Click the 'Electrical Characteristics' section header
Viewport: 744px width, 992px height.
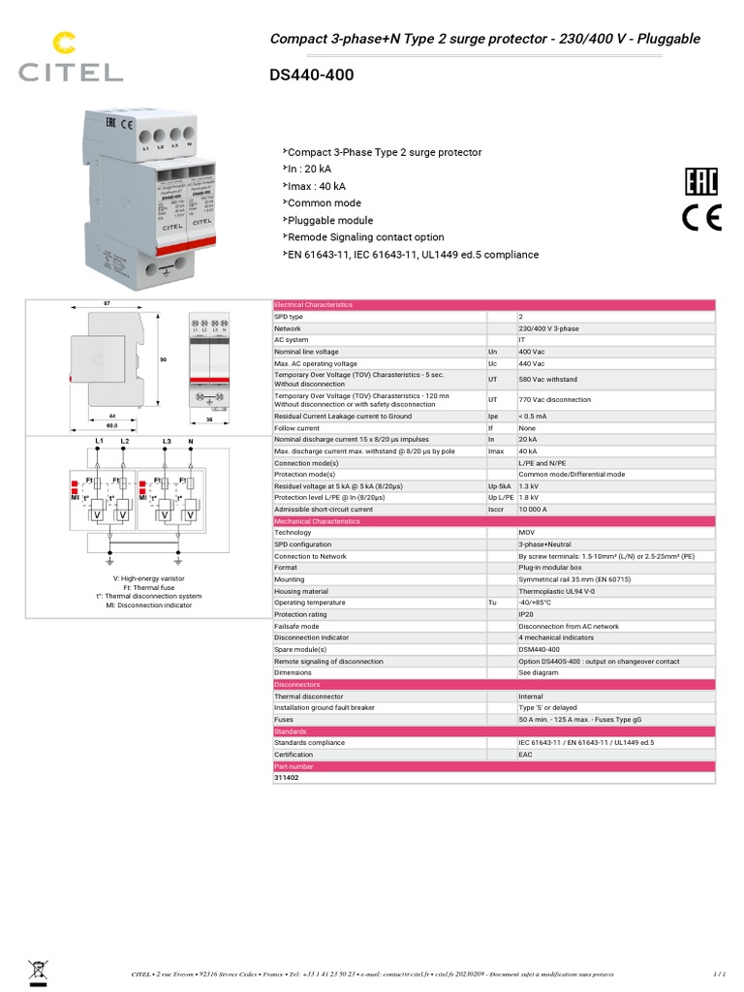(x=314, y=305)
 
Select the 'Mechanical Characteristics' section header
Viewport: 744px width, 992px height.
(x=317, y=521)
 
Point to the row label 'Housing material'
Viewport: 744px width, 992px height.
(x=301, y=591)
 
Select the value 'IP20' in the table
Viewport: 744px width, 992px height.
(x=527, y=614)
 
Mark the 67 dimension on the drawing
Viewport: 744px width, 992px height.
(x=108, y=304)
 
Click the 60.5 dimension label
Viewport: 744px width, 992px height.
(x=111, y=424)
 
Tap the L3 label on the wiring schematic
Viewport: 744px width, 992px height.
(x=168, y=442)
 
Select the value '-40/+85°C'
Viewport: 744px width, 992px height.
(x=536, y=603)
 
